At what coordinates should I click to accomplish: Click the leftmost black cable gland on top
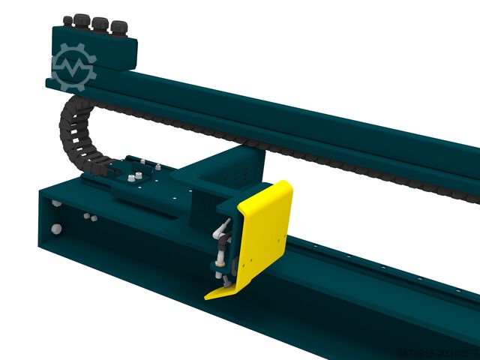pos(68,20)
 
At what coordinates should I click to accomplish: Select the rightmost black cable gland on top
pos(118,28)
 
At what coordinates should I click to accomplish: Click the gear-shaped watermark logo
pos(73,66)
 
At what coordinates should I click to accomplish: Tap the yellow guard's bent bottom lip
pos(225,289)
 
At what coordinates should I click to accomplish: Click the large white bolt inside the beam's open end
pos(57,228)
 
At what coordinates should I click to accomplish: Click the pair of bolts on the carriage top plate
pos(136,178)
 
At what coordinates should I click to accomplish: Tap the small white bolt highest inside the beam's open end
pos(57,203)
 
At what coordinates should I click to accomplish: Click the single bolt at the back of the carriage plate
pos(158,166)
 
